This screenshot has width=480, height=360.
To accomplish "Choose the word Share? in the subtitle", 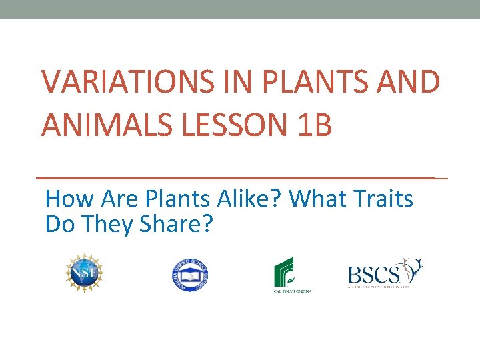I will pyautogui.click(x=176, y=225).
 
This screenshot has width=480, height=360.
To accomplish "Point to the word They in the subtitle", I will pyautogui.click(x=109, y=225).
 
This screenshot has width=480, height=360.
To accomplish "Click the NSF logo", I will pyautogui.click(x=85, y=273).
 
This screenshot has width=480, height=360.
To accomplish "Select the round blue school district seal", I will pyautogui.click(x=189, y=274).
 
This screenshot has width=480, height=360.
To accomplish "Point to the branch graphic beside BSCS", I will pyautogui.click(x=411, y=269).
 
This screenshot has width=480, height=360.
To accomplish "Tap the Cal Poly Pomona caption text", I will pyautogui.click(x=291, y=291).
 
